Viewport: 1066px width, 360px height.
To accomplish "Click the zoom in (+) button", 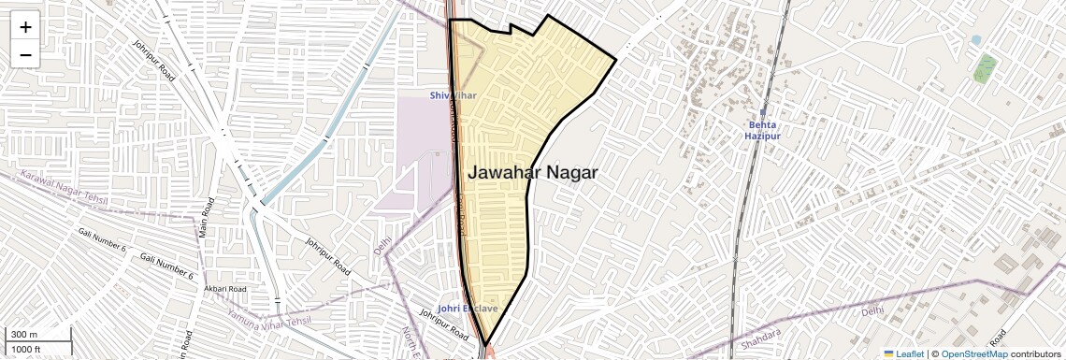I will tap(25, 27).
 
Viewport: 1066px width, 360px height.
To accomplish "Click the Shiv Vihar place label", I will tap(454, 95).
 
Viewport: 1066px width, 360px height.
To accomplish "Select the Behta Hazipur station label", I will tap(762, 130).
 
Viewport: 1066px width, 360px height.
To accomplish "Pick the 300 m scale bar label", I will tap(24, 335).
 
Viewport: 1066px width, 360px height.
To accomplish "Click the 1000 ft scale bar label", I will tap(26, 349).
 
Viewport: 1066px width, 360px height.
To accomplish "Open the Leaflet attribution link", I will tap(910, 353).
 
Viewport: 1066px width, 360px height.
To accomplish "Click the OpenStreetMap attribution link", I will tap(973, 353).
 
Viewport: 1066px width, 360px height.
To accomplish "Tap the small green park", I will tap(985, 67).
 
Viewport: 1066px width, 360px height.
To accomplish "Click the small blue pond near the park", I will tap(976, 40).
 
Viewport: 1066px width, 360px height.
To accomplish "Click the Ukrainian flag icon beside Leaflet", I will tap(889, 353).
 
